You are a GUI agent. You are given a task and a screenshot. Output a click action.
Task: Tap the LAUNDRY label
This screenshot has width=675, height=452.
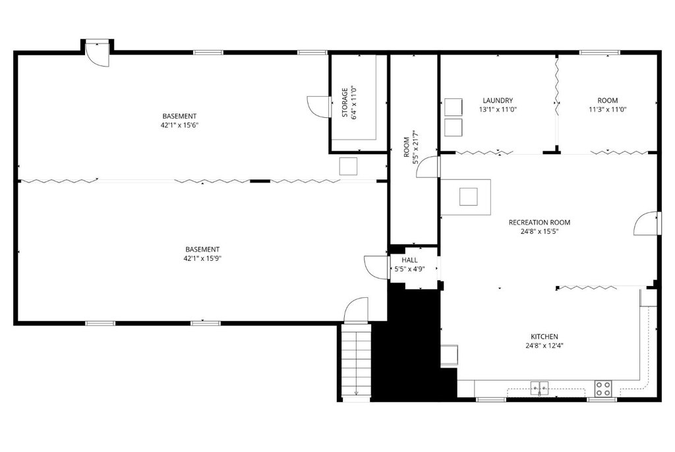click(x=498, y=100)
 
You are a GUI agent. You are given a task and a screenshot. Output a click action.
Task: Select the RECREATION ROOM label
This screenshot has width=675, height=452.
click(x=539, y=222)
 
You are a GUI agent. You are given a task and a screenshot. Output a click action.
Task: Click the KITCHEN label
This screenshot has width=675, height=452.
click(x=544, y=337)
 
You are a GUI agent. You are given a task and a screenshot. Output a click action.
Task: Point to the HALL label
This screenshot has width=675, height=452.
click(x=409, y=260)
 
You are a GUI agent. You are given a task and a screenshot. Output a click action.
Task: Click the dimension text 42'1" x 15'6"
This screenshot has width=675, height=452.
click(x=179, y=125)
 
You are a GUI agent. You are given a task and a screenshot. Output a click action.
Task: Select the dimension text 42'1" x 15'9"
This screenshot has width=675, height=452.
click(x=202, y=258)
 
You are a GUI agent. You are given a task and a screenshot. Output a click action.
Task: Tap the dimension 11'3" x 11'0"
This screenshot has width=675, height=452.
click(x=607, y=109)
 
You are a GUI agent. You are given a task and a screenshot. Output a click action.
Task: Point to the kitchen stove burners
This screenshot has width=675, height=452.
click(x=603, y=389)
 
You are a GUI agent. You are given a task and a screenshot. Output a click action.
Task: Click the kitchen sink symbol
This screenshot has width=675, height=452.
click(x=539, y=388)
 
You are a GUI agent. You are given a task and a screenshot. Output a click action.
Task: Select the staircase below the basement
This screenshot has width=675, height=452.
click(x=356, y=360)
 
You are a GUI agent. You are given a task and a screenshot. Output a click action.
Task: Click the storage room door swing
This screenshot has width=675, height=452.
click(x=319, y=106)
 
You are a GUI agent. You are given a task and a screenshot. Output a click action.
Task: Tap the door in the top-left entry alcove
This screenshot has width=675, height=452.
click(x=98, y=54)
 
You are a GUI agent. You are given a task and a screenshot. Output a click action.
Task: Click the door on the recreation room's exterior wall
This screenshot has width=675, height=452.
click(x=647, y=223)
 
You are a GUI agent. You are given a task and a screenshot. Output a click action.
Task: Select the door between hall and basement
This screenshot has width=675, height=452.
click(x=376, y=268)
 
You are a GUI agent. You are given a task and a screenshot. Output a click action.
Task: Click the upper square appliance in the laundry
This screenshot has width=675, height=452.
click(x=454, y=107)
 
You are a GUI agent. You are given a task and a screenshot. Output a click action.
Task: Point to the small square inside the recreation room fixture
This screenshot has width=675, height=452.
click(x=469, y=197)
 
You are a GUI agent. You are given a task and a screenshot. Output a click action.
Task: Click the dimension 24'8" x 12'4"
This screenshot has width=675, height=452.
click(x=544, y=345)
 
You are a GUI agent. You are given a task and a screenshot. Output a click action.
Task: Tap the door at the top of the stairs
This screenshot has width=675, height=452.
click(x=355, y=310)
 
